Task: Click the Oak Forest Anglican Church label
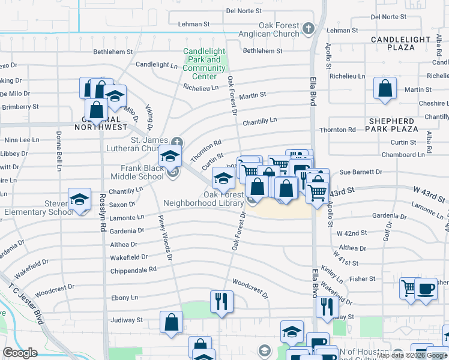pos(279,30)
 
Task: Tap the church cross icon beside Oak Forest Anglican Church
pos(308,28)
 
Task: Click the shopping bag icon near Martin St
pos(385,88)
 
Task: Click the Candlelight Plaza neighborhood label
pos(400,43)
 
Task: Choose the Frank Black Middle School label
pos(142,173)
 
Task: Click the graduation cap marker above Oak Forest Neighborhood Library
pos(223,178)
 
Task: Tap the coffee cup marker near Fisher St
pos(426,289)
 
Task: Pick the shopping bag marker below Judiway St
pos(172,322)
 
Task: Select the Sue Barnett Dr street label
pos(361,172)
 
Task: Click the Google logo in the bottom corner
pos(20,353)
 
